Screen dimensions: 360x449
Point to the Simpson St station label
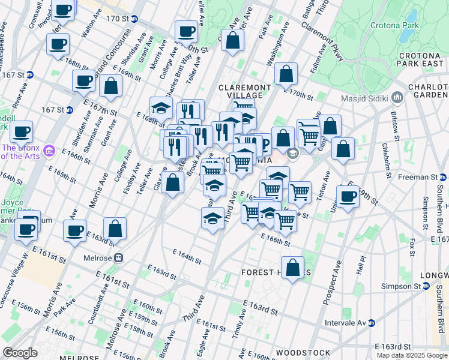click(403, 287)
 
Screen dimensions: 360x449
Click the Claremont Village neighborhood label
click(240, 91)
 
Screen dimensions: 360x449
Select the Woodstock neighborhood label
click(303, 352)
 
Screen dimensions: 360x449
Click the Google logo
click(19, 353)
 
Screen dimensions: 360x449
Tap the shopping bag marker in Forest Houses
click(292, 268)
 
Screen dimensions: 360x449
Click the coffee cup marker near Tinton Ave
click(347, 196)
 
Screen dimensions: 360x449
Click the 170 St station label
click(118, 19)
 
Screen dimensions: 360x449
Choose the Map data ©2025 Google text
click(412, 355)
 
